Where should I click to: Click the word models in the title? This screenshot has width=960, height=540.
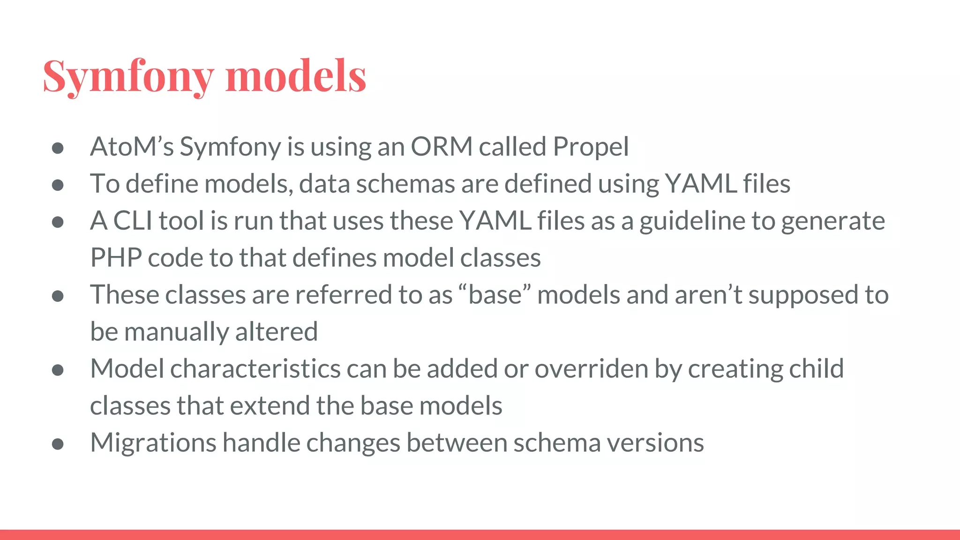[x=296, y=76]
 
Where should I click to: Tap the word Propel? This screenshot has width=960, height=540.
[x=591, y=147]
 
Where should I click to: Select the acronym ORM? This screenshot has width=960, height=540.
[x=442, y=147]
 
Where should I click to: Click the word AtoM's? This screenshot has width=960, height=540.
[x=132, y=147]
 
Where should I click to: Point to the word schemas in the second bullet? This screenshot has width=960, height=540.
[x=405, y=184]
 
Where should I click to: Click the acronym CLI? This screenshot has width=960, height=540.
[x=133, y=221]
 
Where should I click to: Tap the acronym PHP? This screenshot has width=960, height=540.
[x=116, y=258]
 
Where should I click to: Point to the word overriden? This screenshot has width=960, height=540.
[x=592, y=369]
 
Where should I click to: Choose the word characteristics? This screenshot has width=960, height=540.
[x=255, y=369]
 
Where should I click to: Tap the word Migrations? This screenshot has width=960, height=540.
[x=153, y=443]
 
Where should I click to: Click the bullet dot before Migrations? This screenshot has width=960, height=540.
[x=58, y=443]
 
